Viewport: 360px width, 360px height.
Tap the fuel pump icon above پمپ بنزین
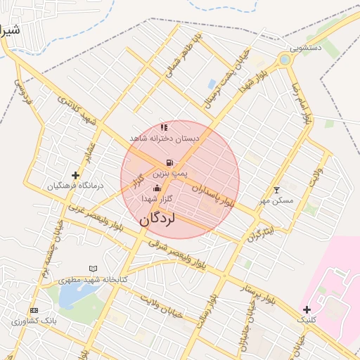click(169, 162)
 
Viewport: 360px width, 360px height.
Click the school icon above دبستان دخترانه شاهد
click(164, 128)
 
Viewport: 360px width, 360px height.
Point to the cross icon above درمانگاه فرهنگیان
click(75, 174)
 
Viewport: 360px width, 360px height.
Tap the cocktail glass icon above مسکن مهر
click(276, 190)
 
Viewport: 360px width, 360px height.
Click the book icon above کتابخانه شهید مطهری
click(94, 269)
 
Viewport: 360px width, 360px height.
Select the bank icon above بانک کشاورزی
click(33, 310)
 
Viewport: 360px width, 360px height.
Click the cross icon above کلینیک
click(307, 309)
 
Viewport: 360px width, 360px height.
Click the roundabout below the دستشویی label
click(284, 60)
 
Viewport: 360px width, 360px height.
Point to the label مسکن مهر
click(276, 201)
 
